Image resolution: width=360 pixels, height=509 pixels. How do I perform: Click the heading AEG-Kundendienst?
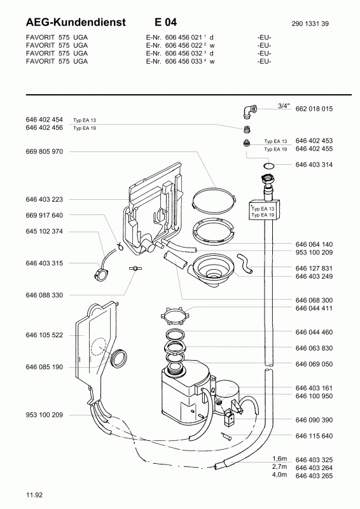(x=76, y=22)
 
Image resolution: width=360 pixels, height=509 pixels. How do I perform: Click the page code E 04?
(x=166, y=22)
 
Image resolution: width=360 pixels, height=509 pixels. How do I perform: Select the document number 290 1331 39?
(x=310, y=24)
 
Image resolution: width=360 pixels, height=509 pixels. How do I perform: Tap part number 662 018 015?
(x=314, y=109)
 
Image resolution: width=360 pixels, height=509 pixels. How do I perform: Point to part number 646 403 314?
(x=314, y=165)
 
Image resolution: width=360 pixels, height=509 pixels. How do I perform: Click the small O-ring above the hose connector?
(x=269, y=166)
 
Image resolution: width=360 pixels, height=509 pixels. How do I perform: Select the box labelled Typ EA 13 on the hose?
(x=264, y=211)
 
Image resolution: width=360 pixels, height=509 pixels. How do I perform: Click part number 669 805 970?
(x=45, y=151)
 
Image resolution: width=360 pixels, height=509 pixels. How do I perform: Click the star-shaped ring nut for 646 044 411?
(x=174, y=315)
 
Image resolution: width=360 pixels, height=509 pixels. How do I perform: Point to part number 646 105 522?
(x=45, y=335)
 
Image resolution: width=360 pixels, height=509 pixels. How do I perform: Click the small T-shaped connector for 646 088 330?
(x=133, y=268)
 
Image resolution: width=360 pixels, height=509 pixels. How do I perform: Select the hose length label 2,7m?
(x=279, y=466)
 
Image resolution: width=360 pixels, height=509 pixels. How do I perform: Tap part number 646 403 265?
(x=314, y=476)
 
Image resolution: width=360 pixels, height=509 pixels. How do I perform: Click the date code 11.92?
(x=34, y=495)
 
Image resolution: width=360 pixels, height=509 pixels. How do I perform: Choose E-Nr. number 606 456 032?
(x=184, y=53)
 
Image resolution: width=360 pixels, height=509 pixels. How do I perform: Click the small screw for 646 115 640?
(x=226, y=436)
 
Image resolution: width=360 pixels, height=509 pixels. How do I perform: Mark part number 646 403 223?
(x=45, y=199)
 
